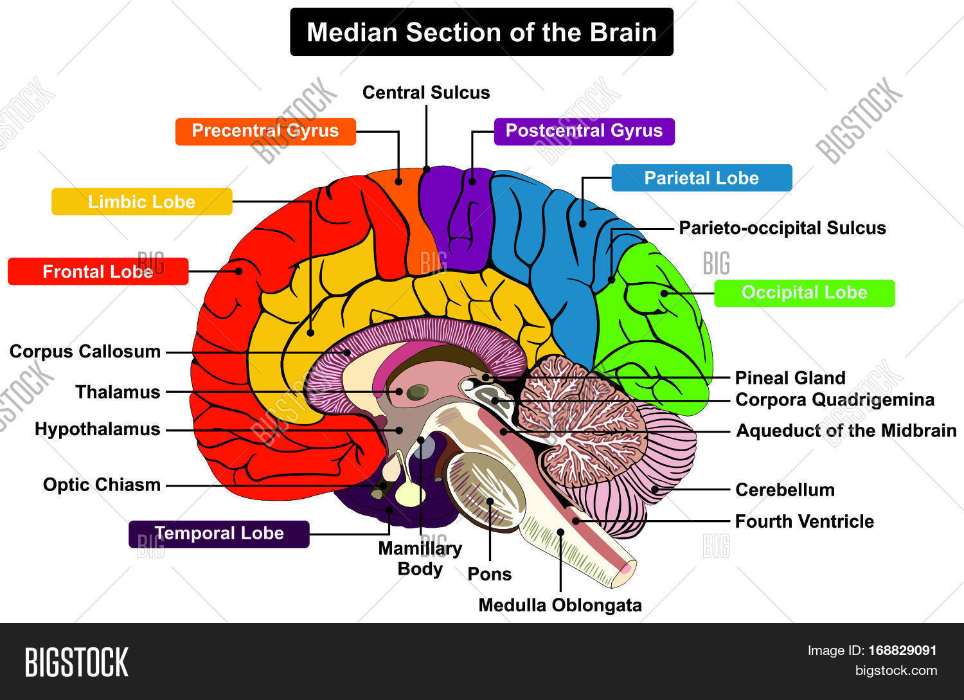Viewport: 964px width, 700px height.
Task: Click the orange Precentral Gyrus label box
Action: pyautogui.click(x=265, y=131)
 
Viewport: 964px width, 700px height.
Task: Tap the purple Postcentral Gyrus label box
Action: pyautogui.click(x=584, y=131)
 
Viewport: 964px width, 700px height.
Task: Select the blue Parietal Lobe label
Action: pyautogui.click(x=701, y=178)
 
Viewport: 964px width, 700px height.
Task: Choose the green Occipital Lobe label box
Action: pyautogui.click(x=804, y=293)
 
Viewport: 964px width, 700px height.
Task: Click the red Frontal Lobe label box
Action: pyautogui.click(x=98, y=272)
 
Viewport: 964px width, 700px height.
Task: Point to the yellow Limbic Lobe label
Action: pyautogui.click(x=141, y=202)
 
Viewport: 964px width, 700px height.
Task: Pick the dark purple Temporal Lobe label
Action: pyautogui.click(x=219, y=534)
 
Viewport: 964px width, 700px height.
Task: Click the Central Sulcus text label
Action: pyautogui.click(x=425, y=93)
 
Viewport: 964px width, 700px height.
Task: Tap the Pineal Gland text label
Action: pyautogui.click(x=790, y=378)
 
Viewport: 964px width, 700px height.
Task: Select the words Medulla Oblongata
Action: pyautogui.click(x=560, y=606)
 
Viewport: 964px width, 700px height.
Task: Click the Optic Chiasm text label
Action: pyautogui.click(x=102, y=485)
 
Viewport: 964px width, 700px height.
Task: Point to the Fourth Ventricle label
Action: pyautogui.click(x=804, y=521)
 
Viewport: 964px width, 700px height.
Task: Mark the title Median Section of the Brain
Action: pyautogui.click(x=481, y=32)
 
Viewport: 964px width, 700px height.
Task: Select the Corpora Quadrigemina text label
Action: pyautogui.click(x=834, y=400)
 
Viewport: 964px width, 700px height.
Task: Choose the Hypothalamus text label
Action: pyautogui.click(x=97, y=429)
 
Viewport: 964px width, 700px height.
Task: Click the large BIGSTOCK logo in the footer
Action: pyautogui.click(x=76, y=662)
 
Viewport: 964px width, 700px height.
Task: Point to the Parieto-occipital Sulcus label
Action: pyautogui.click(x=782, y=228)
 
